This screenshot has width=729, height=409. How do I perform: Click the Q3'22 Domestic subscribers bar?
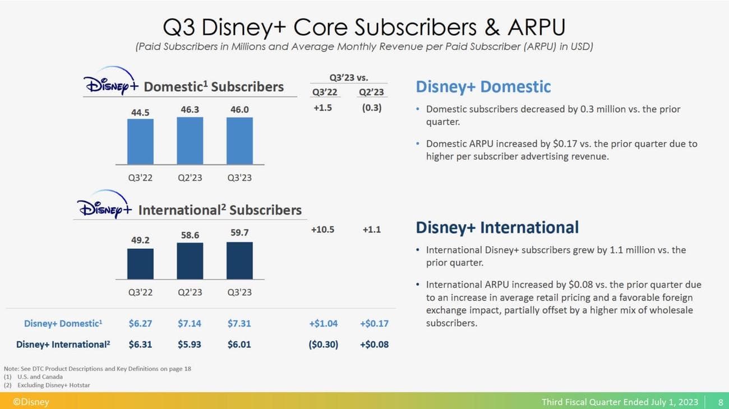[140, 141]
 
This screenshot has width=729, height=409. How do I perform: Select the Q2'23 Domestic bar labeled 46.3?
[190, 140]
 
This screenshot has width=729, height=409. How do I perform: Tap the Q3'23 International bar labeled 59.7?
[239, 260]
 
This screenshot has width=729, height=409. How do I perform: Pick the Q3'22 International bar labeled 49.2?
[140, 263]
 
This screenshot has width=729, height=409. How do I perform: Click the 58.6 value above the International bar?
[190, 235]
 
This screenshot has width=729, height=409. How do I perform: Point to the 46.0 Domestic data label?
[239, 110]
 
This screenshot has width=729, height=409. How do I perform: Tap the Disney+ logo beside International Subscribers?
[104, 206]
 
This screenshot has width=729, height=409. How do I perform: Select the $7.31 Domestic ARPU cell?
[239, 323]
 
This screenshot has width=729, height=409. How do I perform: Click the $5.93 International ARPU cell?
[190, 344]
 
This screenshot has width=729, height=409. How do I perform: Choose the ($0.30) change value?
[324, 344]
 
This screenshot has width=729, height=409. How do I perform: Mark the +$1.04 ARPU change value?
[324, 323]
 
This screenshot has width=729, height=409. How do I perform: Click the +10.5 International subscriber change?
[322, 229]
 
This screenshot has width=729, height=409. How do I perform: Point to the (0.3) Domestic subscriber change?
[371, 108]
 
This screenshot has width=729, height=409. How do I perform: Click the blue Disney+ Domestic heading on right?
[483, 87]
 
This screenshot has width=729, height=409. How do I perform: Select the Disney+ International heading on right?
[497, 227]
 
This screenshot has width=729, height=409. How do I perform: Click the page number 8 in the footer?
[720, 402]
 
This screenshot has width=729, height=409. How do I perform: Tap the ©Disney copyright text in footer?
[31, 402]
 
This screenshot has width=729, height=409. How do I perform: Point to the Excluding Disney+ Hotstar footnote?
[53, 385]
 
